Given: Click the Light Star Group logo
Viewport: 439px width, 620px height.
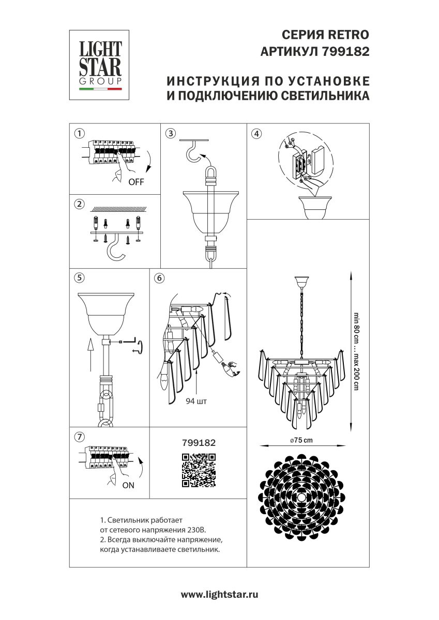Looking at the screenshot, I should (x=100, y=65).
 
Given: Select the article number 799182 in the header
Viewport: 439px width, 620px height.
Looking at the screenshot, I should (x=345, y=52).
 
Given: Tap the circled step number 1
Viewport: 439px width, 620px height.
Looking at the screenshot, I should (x=79, y=133).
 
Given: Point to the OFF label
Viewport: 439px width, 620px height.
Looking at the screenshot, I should (x=136, y=182).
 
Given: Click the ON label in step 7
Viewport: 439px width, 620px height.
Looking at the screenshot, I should (x=128, y=485).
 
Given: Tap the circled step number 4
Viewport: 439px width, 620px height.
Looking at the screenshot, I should (x=255, y=133).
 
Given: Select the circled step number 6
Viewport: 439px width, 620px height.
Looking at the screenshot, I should (x=159, y=277).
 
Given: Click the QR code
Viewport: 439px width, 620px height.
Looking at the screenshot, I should (x=199, y=470).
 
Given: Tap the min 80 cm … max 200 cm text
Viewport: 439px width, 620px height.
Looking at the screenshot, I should (x=356, y=351).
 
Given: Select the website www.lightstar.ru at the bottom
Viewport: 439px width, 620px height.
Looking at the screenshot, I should (x=219, y=595).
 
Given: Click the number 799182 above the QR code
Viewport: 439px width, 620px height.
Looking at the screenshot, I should (x=199, y=443).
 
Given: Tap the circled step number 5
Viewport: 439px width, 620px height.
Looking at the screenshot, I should (x=79, y=277).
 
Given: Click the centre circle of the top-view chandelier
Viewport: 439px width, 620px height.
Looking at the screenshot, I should (x=301, y=497).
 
